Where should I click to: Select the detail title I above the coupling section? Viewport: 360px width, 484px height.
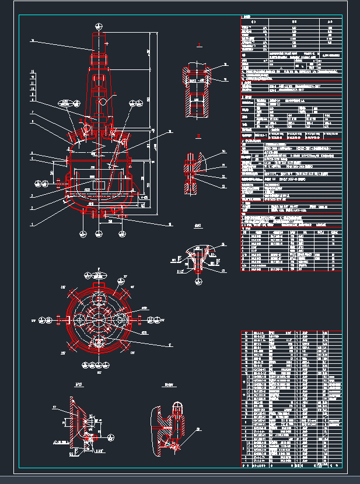tap(198, 44)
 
